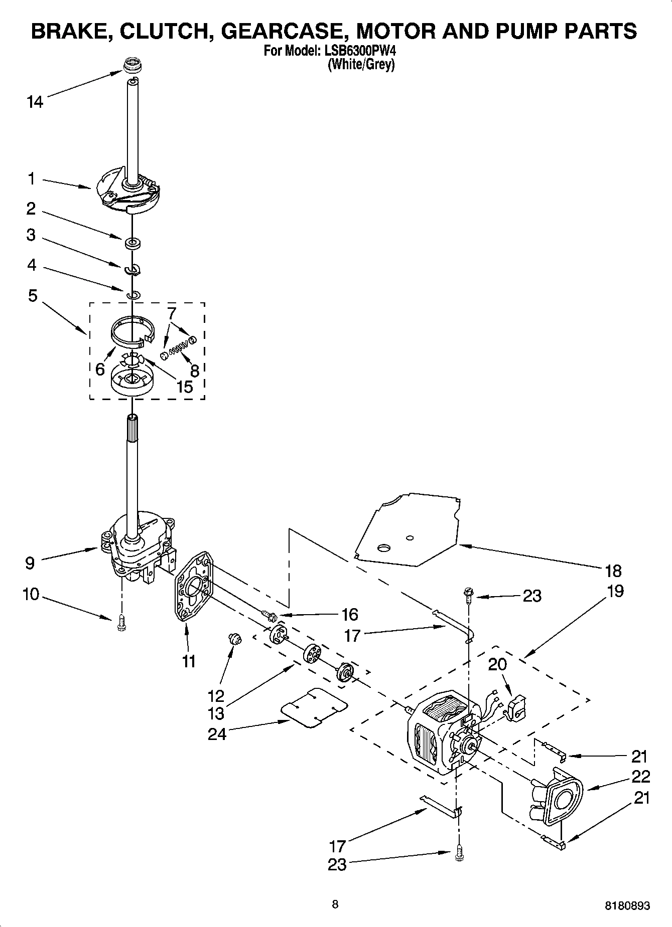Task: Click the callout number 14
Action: pos(35,102)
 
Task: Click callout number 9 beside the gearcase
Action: pos(30,563)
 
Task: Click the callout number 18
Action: pos(613,571)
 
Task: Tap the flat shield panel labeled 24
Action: pos(315,707)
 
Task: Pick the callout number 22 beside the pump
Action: pos(641,776)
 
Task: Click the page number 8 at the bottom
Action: pos(335,904)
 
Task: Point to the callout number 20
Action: pos(497,664)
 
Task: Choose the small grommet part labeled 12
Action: pos(234,638)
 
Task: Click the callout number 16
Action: pos(349,614)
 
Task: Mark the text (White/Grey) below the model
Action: pos(361,65)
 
